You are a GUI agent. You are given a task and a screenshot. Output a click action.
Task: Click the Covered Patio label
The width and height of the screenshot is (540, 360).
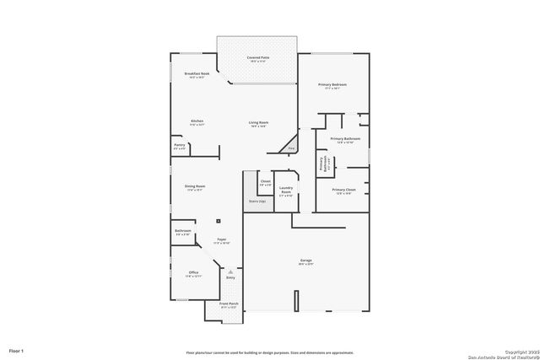click(256, 58)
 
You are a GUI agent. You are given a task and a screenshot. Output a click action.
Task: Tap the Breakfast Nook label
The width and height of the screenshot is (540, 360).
click(197, 75)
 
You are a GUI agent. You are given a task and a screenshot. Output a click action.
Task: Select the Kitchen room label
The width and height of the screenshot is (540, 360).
click(197, 122)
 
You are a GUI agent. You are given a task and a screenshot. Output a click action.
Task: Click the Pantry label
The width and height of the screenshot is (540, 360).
click(179, 146)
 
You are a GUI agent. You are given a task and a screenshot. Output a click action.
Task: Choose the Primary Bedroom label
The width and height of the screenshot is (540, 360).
click(332, 86)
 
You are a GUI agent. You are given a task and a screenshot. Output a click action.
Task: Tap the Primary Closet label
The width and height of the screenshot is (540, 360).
click(345, 191)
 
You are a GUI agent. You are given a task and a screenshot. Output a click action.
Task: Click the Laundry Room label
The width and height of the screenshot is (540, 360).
click(286, 191)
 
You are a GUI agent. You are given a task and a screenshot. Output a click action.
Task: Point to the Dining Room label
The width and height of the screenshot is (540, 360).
click(196, 187)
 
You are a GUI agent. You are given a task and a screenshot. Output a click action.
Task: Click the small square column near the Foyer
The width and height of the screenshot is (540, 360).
click(219, 221)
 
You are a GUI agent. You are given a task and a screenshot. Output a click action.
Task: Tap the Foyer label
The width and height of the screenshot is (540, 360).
click(221, 241)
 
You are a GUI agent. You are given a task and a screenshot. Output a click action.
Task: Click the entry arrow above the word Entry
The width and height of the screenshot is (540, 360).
click(230, 271)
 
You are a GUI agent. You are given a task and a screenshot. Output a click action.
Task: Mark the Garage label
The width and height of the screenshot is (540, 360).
click(306, 261)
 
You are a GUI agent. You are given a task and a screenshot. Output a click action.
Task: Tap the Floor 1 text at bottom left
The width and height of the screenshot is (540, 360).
click(17, 350)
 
